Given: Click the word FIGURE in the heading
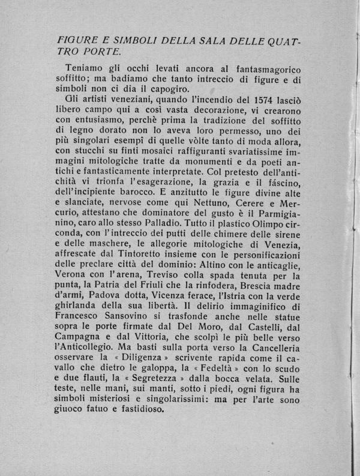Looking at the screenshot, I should coord(73,40).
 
